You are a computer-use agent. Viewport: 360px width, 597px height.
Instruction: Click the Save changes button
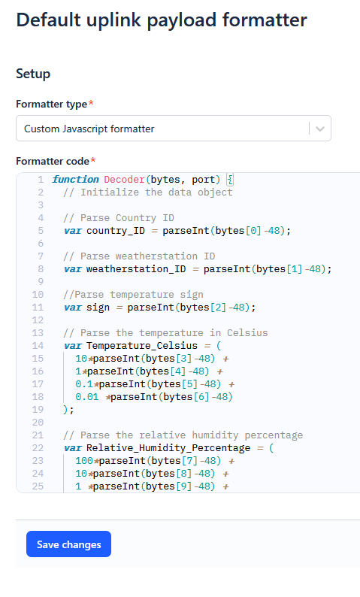point(68,544)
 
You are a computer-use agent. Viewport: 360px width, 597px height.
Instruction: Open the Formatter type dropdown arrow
point(320,129)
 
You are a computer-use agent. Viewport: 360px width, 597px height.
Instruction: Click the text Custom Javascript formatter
point(89,129)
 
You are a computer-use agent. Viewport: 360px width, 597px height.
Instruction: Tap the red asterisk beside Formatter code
point(93,160)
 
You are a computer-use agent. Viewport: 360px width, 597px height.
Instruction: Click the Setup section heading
point(33,74)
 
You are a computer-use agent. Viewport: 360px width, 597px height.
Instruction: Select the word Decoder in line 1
point(125,180)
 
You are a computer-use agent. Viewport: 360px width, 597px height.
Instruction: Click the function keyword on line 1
point(75,180)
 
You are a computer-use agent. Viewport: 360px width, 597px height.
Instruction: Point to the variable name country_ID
point(116,231)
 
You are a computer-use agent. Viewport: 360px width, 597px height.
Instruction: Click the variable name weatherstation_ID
point(136,269)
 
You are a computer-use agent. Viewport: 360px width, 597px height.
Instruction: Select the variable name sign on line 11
point(98,308)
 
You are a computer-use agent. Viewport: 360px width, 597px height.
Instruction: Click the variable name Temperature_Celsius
point(142,346)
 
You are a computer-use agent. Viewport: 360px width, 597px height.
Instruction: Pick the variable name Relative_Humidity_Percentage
point(168,448)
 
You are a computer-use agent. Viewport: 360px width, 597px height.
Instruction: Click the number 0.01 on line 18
point(86,397)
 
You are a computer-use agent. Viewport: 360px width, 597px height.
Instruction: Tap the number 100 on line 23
point(84,461)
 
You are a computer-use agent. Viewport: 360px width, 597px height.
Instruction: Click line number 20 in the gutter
point(38,423)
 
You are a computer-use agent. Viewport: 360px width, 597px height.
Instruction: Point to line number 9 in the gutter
point(41,282)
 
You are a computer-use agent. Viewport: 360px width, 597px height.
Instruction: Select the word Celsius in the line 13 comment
point(247,333)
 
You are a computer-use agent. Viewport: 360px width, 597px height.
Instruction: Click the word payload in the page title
point(183,20)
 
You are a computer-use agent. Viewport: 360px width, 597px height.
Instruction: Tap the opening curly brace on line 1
point(230,180)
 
